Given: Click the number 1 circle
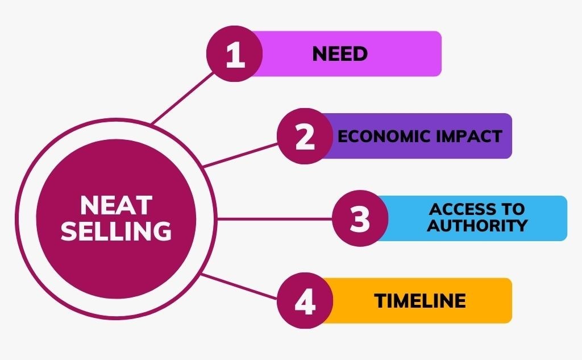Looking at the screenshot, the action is [x=235, y=54].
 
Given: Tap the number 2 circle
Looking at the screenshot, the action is [x=305, y=136].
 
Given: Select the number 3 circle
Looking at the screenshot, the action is [x=360, y=218].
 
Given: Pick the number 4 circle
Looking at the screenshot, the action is [x=305, y=300].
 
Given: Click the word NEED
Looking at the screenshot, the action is [x=340, y=54].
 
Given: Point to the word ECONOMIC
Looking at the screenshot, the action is [x=384, y=136].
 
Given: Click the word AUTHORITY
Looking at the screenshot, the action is [x=477, y=226].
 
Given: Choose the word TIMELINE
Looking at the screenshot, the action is [x=420, y=300].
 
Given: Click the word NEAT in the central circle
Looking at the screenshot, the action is [x=116, y=205].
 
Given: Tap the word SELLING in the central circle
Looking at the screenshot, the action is [x=116, y=231].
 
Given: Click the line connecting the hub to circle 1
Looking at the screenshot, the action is [x=183, y=98].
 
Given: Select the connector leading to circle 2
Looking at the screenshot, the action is [x=240, y=155].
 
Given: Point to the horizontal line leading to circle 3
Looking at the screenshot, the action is [x=275, y=219].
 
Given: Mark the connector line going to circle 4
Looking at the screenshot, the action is [x=239, y=286].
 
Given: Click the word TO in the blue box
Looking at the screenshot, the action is [x=514, y=209].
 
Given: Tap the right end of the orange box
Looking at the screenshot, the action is [x=512, y=300].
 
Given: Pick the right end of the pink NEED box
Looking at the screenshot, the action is [x=441, y=54].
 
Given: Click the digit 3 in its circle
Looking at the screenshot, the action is [x=360, y=218].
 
